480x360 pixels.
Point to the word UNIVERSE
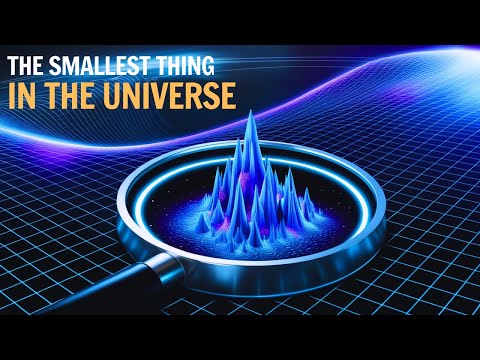click(x=170, y=97)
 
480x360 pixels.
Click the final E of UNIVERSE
click(x=227, y=97)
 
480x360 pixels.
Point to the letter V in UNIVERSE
click(x=164, y=97)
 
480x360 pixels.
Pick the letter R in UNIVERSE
click(x=195, y=97)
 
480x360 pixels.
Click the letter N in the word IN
click(x=30, y=97)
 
